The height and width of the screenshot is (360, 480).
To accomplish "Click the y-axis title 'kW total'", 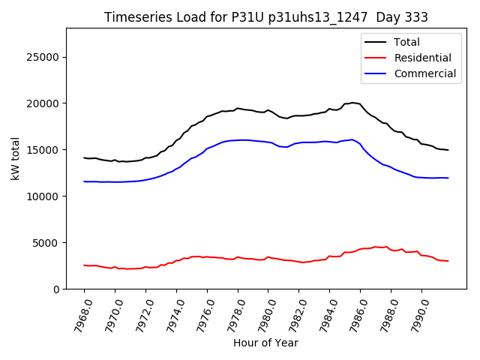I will [x=15, y=158].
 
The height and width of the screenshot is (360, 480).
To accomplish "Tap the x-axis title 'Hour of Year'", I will [x=265, y=343].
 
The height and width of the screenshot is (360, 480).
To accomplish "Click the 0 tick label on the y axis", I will [x=57, y=289].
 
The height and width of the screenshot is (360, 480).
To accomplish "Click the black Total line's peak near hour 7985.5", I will [x=352, y=103].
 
